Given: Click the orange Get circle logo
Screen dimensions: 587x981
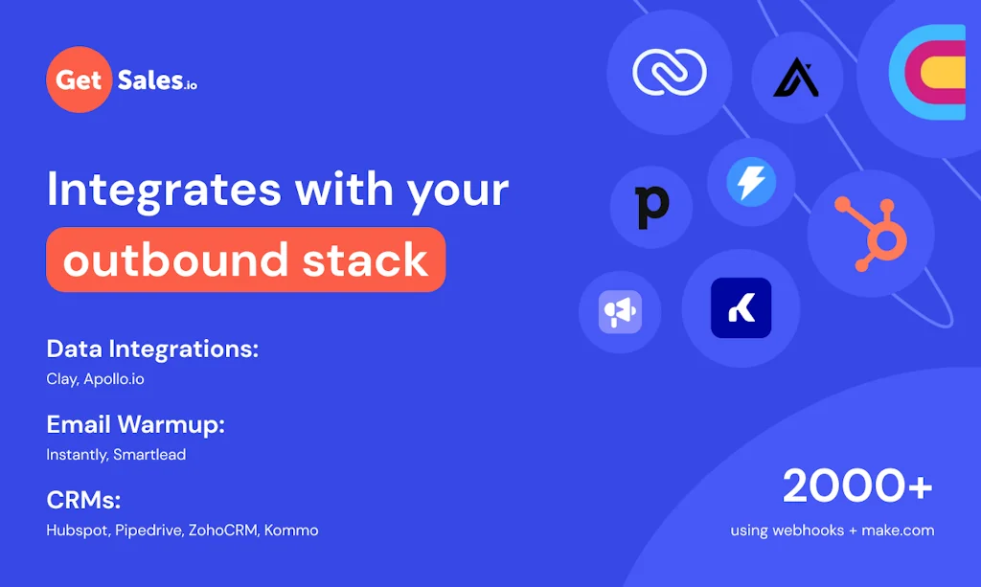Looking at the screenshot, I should tap(80, 79).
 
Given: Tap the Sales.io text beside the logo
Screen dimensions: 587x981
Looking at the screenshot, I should tap(157, 80).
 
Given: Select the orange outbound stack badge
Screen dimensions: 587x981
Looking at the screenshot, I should tap(246, 260).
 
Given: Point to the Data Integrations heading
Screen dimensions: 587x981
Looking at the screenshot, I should tap(152, 349).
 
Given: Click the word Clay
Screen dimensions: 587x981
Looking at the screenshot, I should tap(61, 379).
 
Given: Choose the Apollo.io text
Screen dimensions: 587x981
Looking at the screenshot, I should tap(114, 379).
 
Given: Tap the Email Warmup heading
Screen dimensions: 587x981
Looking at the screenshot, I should tap(135, 424).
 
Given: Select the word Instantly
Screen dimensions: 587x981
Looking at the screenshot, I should tap(77, 455).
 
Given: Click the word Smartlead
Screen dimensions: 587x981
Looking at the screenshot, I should tap(149, 455).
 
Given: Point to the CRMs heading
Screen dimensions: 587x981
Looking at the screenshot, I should tap(83, 500).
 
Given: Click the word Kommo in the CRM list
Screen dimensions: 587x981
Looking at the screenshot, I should tap(291, 530).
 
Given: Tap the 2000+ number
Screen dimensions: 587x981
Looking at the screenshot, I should tap(857, 486).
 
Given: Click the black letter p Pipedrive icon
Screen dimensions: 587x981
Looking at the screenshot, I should tap(652, 206).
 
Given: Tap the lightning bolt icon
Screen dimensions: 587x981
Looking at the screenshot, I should tap(751, 182).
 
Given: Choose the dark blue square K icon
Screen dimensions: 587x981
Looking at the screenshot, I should tap(741, 308).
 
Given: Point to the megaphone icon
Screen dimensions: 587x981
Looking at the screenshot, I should tap(620, 311).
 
